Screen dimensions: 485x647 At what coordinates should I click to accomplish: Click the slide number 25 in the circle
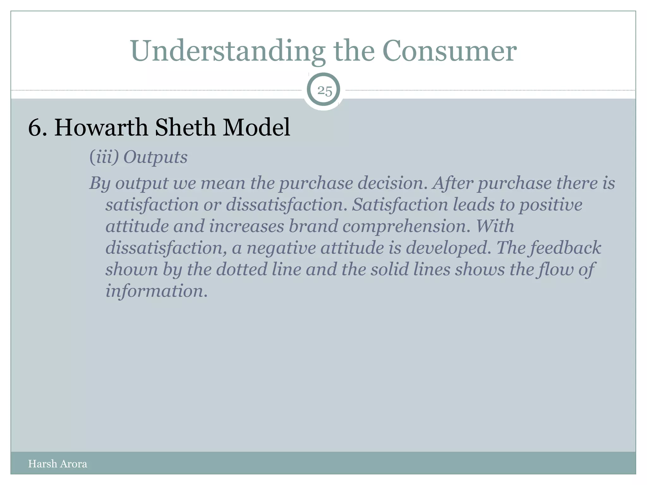coord(324,91)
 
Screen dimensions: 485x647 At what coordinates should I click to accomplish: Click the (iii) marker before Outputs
coord(104,157)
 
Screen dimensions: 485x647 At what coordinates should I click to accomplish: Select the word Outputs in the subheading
coord(155,157)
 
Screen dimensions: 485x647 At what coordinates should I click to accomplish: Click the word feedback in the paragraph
coord(565,248)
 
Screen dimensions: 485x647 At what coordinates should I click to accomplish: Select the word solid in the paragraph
coord(390,269)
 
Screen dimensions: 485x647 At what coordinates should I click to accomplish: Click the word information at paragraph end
coord(156,290)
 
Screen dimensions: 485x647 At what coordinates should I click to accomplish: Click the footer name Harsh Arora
coord(57,464)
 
